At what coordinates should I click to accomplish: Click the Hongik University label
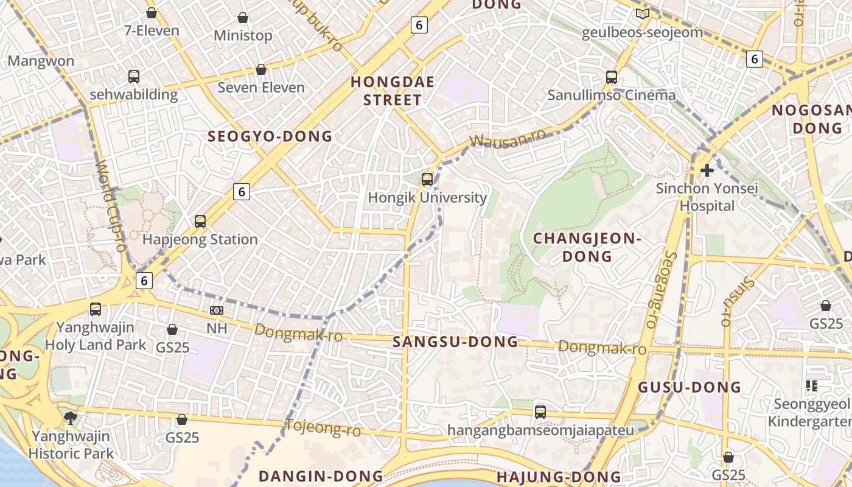coord(427,197)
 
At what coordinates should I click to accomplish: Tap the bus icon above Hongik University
coord(427,179)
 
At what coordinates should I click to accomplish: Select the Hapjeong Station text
coord(200,239)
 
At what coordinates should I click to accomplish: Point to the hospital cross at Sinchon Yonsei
coord(707,170)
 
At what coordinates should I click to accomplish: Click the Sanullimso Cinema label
coord(611,95)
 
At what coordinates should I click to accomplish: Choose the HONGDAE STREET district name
coord(393,91)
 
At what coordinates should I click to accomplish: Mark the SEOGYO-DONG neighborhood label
coord(270,136)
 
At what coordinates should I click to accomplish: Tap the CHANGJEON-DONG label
coord(587,247)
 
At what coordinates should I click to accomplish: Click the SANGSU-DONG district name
coord(455,342)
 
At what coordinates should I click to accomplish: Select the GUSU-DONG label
coord(690,387)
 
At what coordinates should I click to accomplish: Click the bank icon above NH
coord(216,310)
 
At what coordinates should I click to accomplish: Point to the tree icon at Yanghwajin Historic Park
coord(71,418)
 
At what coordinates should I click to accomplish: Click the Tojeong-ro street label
coord(323,429)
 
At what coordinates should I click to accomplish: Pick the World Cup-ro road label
coord(111,205)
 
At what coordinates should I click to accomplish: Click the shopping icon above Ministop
coord(242,18)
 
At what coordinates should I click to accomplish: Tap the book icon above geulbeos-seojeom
coord(642,14)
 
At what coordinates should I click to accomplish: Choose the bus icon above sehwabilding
coord(133,77)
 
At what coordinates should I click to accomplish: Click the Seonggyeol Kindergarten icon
coord(811,385)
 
